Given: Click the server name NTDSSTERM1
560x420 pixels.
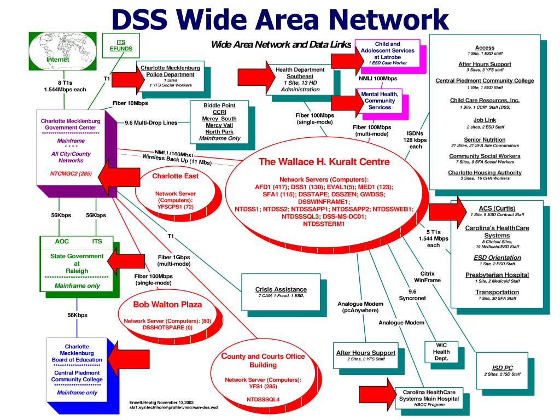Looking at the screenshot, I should pos(324,224).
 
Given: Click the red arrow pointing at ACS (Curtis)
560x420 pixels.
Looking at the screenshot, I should pos(447,211).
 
